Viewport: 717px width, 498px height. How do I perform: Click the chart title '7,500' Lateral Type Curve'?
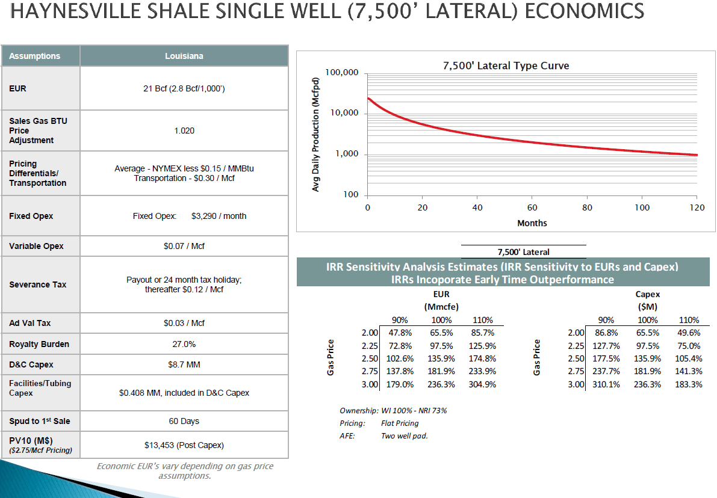tap(505, 66)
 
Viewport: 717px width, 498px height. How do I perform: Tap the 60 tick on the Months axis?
tap(532, 207)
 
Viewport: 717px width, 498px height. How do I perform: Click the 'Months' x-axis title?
tap(532, 223)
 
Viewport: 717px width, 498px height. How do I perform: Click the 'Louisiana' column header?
tap(184, 56)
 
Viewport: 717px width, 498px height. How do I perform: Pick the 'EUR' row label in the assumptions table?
tap(18, 88)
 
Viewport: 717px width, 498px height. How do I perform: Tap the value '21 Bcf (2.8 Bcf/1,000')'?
tap(184, 88)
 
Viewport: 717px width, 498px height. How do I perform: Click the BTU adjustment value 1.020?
tap(184, 131)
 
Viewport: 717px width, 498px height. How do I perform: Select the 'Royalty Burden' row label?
tap(39, 345)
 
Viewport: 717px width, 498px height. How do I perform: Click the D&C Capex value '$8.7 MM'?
tap(184, 364)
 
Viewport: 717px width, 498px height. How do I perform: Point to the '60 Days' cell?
tap(184, 421)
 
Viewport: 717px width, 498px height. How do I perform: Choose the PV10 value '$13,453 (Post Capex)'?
tap(184, 445)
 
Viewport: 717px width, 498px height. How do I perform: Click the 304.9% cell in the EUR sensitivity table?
tap(482, 384)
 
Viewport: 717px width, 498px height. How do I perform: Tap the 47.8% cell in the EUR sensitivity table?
tap(400, 333)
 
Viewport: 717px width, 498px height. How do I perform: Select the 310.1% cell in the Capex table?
tap(606, 384)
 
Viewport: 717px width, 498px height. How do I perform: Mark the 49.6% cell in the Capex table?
tap(689, 333)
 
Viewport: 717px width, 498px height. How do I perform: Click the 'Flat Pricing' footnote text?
tap(400, 423)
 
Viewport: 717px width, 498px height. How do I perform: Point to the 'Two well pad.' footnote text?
tap(404, 436)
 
